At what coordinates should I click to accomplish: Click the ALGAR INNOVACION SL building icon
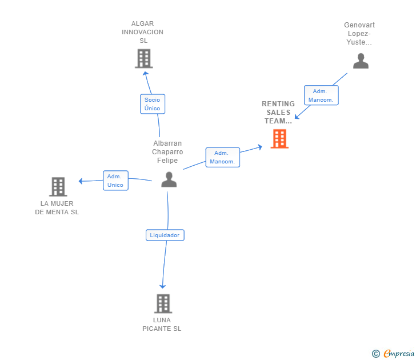tap(143, 58)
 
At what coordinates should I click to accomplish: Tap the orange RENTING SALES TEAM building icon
tap(279, 139)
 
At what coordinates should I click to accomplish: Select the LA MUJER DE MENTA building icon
tap(58, 187)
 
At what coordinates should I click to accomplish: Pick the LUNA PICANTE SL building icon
tap(163, 303)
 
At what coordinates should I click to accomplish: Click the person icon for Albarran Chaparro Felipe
tap(169, 179)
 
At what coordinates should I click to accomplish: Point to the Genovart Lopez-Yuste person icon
tap(361, 61)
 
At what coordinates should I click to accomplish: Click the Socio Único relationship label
tap(153, 103)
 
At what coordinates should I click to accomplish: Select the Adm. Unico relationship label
tap(115, 181)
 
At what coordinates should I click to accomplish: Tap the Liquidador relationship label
tap(165, 235)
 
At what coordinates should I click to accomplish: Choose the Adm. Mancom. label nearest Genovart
tap(321, 95)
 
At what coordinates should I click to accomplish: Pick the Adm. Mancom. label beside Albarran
tap(222, 157)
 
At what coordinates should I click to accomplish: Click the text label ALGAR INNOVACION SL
tap(142, 32)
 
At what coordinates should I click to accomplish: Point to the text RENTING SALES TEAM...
tap(278, 112)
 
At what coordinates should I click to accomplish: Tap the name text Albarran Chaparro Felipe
tap(167, 152)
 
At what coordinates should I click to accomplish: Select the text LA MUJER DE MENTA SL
tap(57, 207)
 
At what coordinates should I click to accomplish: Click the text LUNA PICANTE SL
tap(162, 324)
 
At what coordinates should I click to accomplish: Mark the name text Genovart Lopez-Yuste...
tap(359, 33)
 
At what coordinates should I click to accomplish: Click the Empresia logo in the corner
tap(398, 354)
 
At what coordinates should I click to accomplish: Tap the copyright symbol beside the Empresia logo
tap(375, 354)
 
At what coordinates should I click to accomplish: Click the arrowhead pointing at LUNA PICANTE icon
tap(163, 286)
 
